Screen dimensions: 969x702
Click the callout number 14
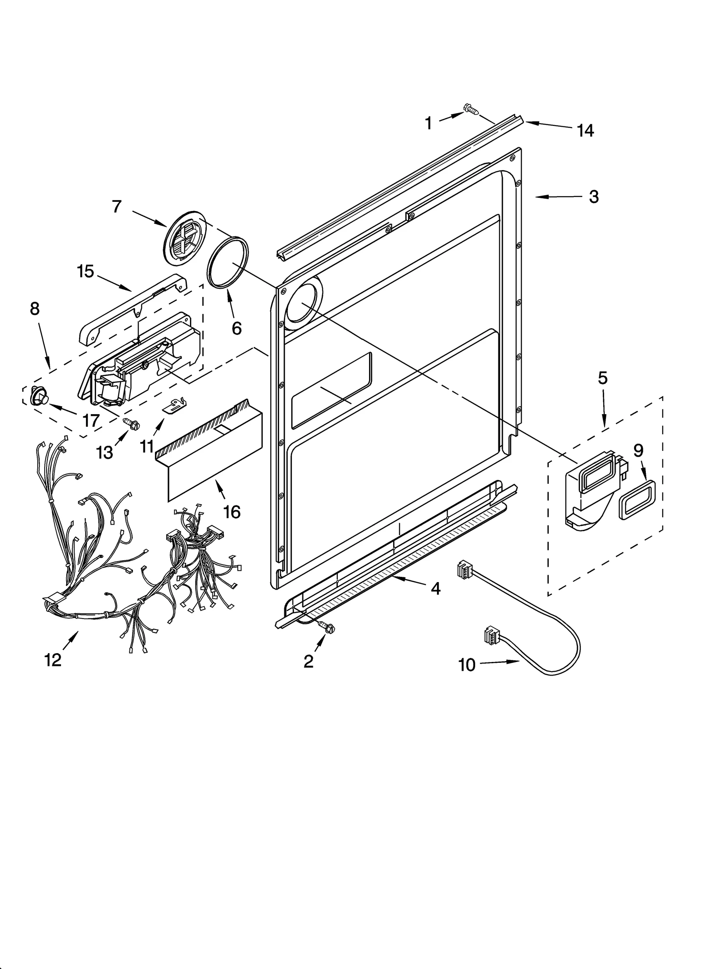click(585, 131)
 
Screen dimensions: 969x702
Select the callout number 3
click(593, 197)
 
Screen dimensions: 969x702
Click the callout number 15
click(86, 272)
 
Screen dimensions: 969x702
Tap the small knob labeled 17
click(38, 397)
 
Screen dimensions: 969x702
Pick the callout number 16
click(232, 511)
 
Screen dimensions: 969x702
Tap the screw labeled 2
click(326, 629)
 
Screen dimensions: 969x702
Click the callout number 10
click(467, 665)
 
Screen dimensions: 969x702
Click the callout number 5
click(603, 378)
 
